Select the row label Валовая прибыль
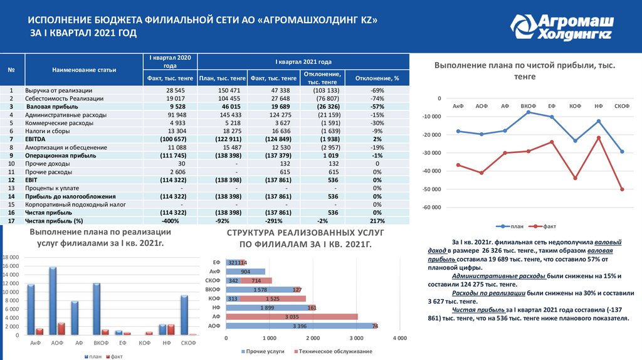[52, 107]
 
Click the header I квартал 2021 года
[303, 62]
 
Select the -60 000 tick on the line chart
[431, 208]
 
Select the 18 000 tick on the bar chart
[12, 258]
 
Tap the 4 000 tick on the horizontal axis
[399, 339]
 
